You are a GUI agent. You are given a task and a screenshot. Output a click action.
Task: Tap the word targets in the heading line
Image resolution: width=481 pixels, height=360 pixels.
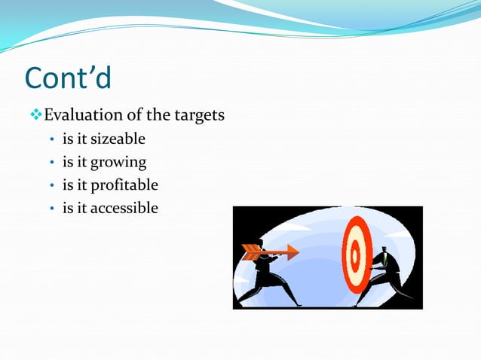[x=199, y=115]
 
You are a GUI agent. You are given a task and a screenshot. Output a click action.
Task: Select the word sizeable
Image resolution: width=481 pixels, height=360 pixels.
[x=118, y=139]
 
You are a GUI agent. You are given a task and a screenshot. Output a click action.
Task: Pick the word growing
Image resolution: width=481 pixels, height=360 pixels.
[x=118, y=162]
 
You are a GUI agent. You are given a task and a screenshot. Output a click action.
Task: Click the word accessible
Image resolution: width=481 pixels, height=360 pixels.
[x=124, y=208]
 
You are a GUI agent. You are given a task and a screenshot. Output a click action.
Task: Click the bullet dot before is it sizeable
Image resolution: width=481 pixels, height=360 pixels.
[x=51, y=140]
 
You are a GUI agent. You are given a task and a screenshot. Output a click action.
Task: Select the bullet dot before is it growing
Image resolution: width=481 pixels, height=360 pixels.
[x=51, y=163]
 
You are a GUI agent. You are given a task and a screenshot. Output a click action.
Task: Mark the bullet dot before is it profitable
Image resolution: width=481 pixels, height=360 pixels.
[x=51, y=186]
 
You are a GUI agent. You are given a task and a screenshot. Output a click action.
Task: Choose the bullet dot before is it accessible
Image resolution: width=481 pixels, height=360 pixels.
[x=51, y=209]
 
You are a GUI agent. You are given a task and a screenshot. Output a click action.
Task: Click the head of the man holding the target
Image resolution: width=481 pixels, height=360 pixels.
[x=383, y=249]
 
